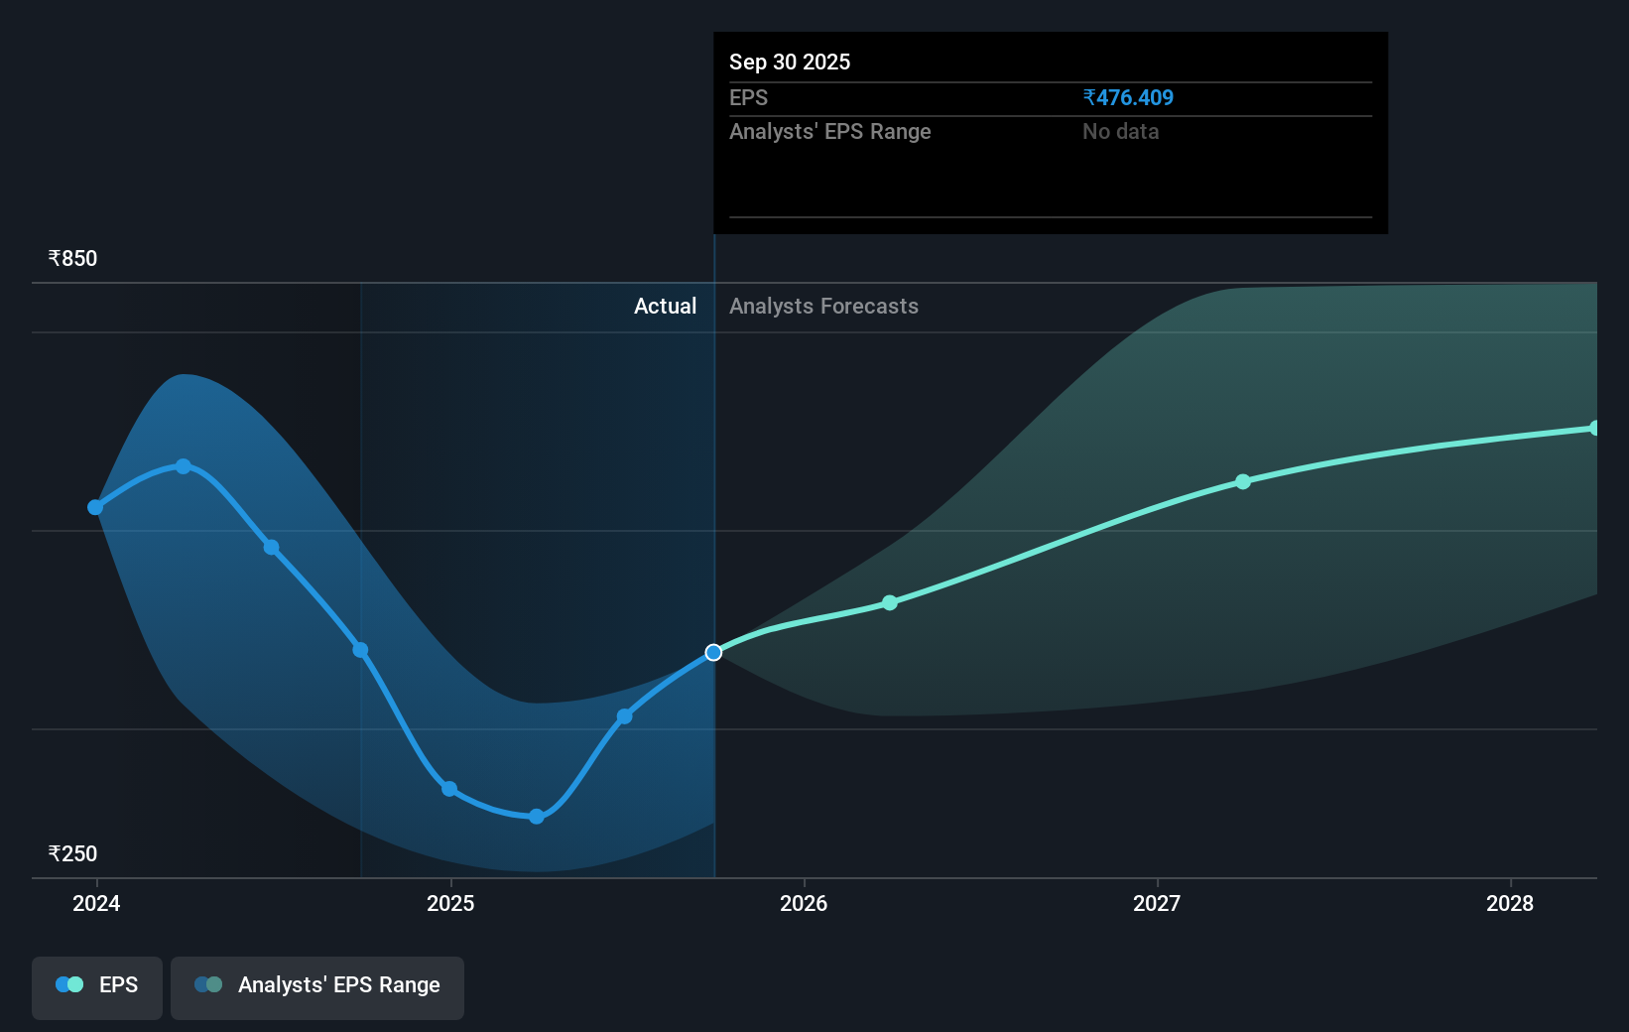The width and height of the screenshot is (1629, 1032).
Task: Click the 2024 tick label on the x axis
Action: [96, 903]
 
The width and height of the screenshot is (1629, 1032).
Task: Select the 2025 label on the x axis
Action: [450, 903]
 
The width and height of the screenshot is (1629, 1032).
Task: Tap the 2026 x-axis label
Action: [804, 903]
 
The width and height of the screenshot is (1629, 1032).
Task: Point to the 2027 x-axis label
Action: [1157, 903]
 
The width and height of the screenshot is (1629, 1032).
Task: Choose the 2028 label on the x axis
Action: [1510, 903]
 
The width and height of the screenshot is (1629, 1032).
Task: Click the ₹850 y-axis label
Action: [72, 259]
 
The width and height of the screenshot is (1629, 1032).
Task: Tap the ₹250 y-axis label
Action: [72, 854]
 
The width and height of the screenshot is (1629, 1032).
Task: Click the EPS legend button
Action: [97, 985]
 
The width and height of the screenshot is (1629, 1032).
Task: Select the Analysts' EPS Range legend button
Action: [317, 985]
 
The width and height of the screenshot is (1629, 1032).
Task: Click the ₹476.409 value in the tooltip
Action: [1128, 98]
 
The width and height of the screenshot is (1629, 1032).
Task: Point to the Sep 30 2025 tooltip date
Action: [790, 63]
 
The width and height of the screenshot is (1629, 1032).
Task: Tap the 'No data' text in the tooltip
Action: [1120, 132]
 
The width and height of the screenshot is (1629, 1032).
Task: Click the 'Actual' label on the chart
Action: [665, 307]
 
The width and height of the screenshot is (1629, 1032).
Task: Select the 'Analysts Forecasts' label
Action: [823, 307]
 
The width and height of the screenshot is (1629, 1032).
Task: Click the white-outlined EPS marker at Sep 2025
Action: [713, 653]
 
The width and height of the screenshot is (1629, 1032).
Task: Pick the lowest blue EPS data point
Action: [537, 817]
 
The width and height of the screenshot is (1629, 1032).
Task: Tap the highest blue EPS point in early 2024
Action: [184, 466]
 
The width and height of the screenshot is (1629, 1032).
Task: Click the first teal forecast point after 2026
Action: [890, 603]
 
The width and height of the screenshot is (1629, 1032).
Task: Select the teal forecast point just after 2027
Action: [1243, 481]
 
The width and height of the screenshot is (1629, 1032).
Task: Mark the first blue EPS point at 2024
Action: [95, 507]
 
